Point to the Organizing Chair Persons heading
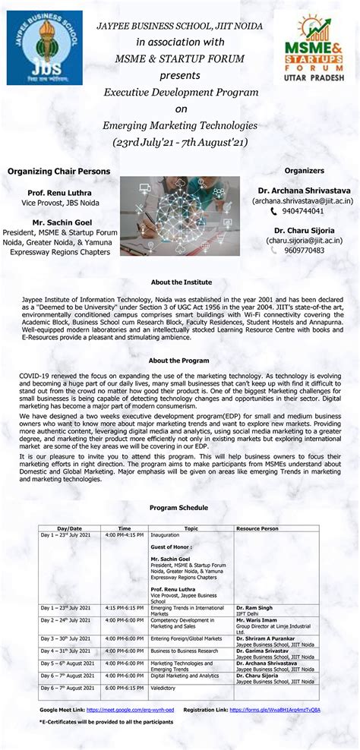tap(58, 172)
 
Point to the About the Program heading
tap(179, 361)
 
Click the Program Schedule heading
tap(179, 507)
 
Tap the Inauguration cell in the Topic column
tap(165, 534)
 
